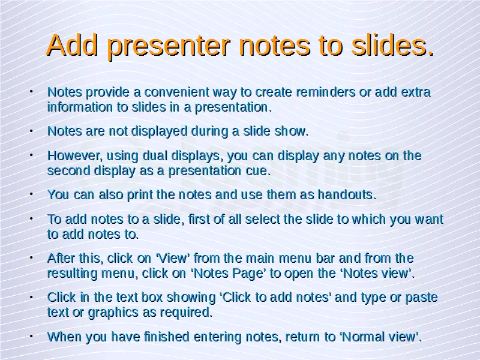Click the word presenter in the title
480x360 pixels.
click(169, 47)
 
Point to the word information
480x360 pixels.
click(80, 107)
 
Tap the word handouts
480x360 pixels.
click(347, 194)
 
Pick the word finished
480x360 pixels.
click(167, 337)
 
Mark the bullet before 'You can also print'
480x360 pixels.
click(31, 194)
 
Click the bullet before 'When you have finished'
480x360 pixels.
click(31, 336)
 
